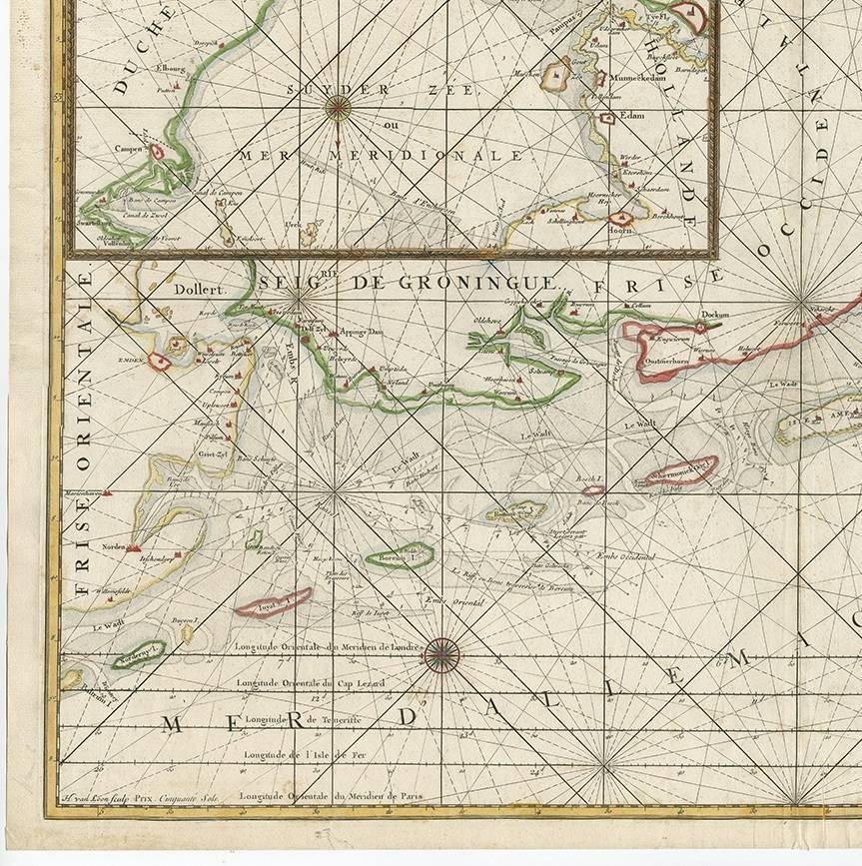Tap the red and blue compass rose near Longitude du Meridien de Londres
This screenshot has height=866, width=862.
pos(441,655)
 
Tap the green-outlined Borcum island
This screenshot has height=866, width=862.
pos(399,556)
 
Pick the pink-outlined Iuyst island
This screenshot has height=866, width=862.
pos(273,602)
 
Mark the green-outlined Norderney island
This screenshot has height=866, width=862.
pos(137,656)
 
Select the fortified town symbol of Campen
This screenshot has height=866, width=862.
pos(157,152)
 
